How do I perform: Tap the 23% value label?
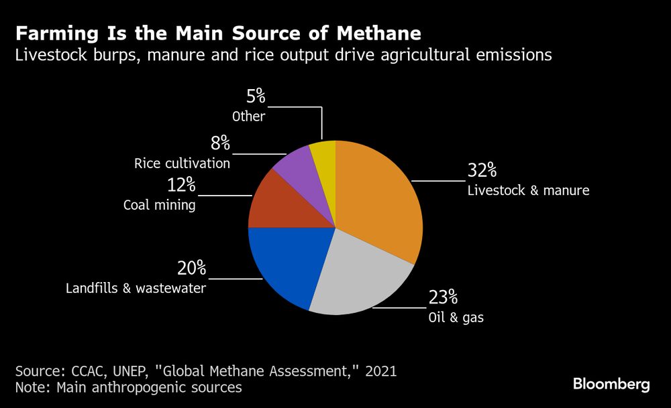click(444, 297)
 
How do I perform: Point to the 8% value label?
click(219, 143)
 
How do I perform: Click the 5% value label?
click(255, 96)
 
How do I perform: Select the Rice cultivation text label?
click(182, 163)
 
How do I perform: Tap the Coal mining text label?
click(159, 206)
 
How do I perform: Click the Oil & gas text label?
click(456, 318)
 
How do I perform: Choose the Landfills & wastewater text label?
click(136, 289)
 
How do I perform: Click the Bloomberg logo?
click(611, 384)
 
